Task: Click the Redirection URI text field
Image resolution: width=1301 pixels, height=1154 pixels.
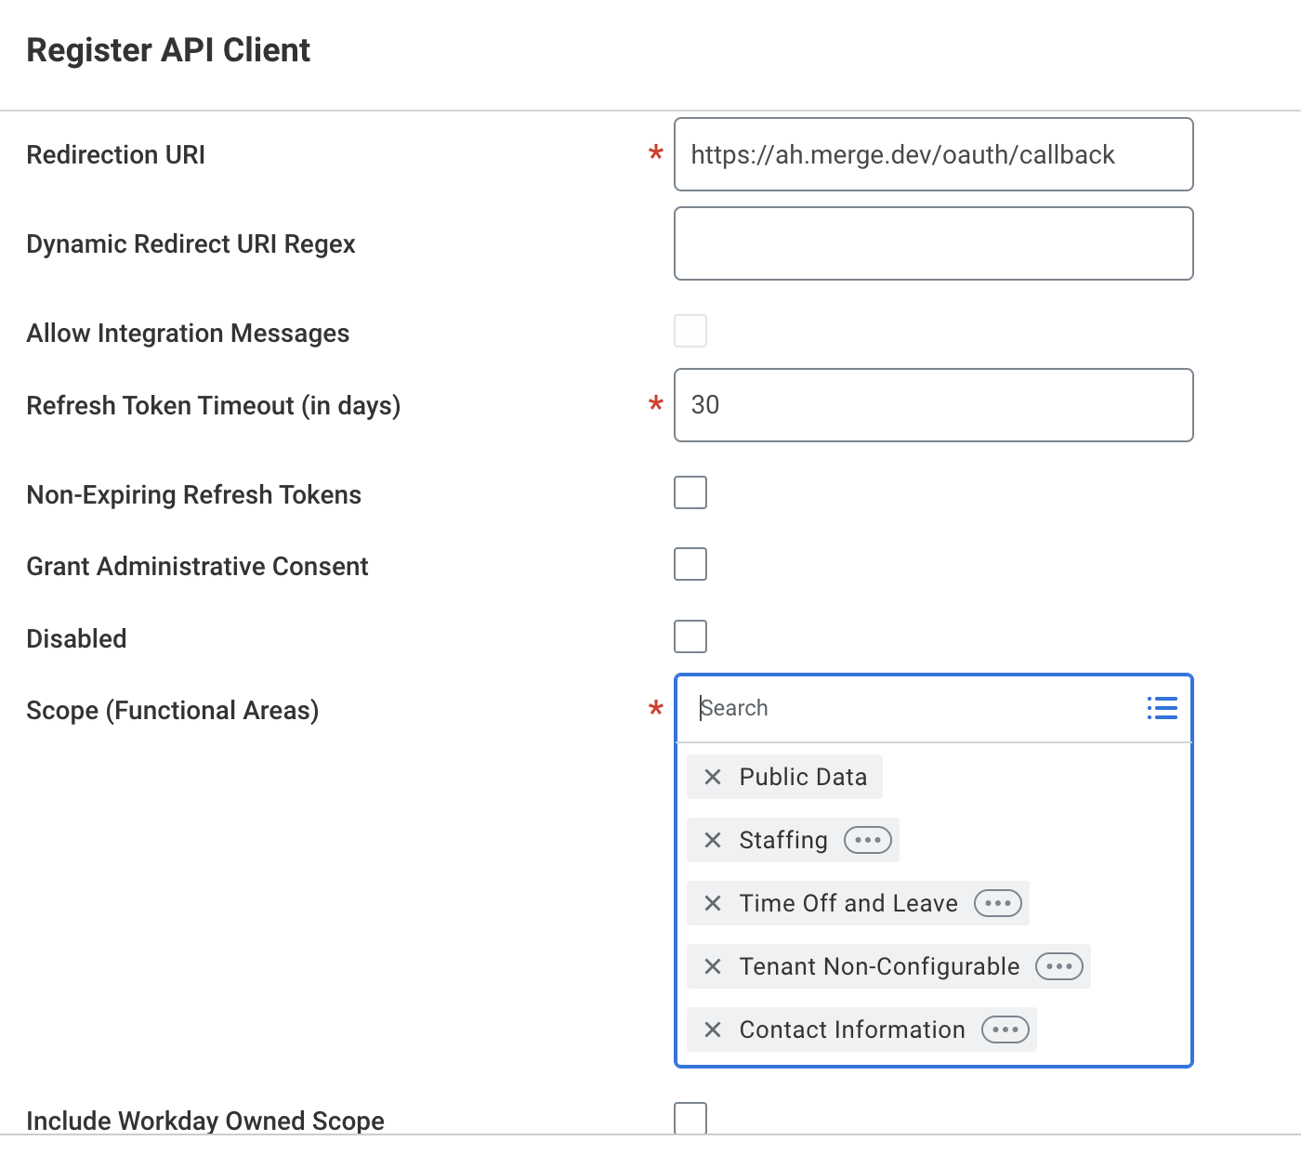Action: [x=933, y=154]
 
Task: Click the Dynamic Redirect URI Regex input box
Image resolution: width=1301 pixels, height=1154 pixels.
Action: [x=933, y=243]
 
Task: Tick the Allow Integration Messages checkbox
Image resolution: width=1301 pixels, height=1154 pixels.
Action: [x=690, y=331]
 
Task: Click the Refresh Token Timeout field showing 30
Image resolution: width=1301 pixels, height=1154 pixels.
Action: [x=933, y=404]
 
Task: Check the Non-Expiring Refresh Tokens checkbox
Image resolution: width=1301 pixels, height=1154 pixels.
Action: [x=690, y=492]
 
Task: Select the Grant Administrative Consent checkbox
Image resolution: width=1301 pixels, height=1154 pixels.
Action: [x=690, y=564]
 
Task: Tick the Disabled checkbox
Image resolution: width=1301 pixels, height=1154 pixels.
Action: [x=690, y=636]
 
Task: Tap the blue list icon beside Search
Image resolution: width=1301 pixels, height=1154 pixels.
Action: [x=1163, y=708]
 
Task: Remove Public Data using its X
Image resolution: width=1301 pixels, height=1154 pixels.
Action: [x=712, y=777]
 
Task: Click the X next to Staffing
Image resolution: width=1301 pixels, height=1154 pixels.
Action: [x=712, y=840]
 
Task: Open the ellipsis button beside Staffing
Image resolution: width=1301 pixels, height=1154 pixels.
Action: [x=868, y=840]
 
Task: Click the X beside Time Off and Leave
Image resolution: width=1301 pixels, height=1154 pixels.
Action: [x=712, y=903]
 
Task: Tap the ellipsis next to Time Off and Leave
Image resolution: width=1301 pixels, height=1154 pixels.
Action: [x=998, y=903]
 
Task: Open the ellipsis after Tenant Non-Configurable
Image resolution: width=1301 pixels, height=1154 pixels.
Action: [x=1058, y=966]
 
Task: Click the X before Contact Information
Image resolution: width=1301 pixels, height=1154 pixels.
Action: [x=712, y=1030]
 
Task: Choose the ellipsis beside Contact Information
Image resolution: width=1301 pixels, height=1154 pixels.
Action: [x=1005, y=1030]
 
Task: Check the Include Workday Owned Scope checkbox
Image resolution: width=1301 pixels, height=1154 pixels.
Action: [x=690, y=1118]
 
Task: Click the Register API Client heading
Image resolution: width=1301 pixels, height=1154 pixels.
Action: [x=168, y=50]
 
